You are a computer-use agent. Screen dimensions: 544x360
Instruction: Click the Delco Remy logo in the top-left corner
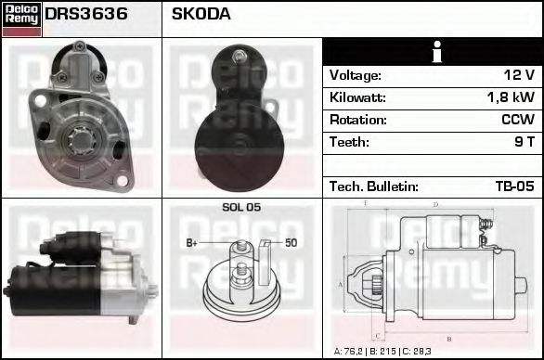coord(21,19)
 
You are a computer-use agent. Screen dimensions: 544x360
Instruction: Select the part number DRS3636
coord(86,14)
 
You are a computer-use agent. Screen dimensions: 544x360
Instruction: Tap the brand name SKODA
coord(201,14)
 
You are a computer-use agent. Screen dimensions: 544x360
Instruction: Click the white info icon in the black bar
coord(437,52)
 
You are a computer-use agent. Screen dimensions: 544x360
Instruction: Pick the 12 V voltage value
coord(519,75)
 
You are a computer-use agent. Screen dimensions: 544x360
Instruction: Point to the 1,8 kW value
coord(511,97)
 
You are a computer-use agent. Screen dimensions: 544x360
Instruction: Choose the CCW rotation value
coord(518,120)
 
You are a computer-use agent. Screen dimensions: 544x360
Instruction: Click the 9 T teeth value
coord(525,142)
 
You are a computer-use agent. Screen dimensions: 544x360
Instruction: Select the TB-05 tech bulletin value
coord(515,186)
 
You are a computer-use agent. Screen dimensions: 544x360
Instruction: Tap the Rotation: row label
coord(358,120)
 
